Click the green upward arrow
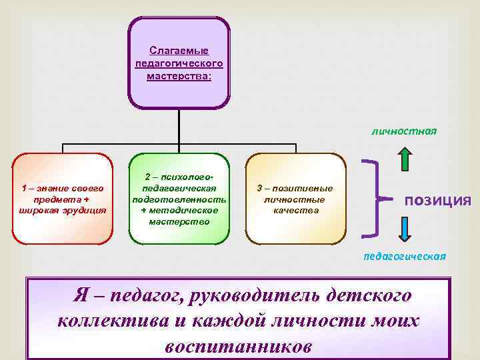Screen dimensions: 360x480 coord(405,160)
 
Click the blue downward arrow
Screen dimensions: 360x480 coord(405,231)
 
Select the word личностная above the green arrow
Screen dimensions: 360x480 coord(404,131)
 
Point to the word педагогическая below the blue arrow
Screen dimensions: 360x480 coord(404,256)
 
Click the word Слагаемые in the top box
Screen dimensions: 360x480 coord(179,51)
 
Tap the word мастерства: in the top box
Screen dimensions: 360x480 coord(179,76)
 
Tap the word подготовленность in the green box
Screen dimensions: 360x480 coord(179,199)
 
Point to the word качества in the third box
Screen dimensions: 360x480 coord(295,211)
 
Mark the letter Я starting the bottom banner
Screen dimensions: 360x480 coord(81,294)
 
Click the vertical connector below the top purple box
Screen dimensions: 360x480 coord(179,127)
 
